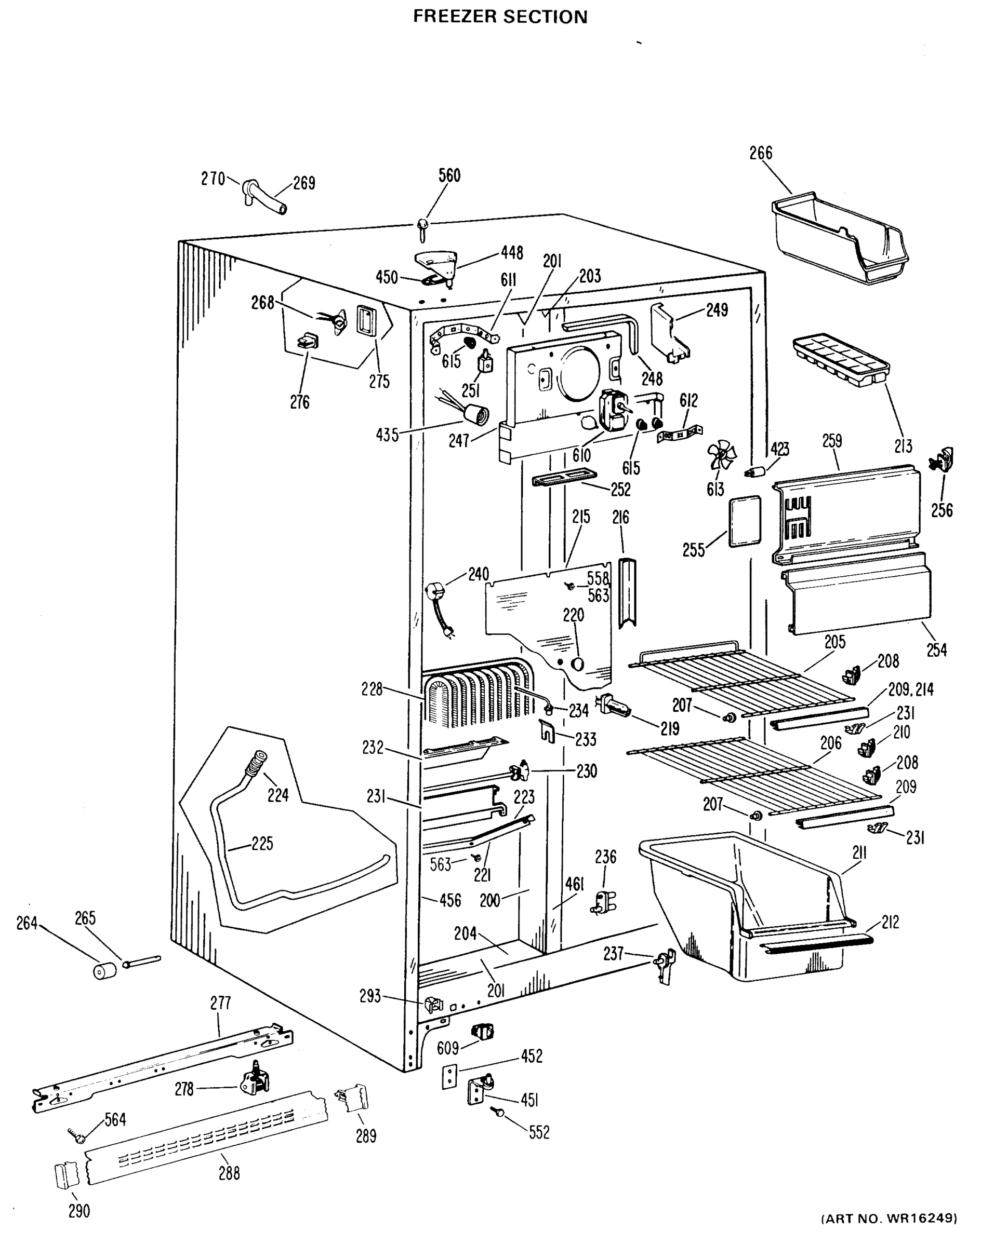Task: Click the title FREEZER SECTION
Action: point(500,17)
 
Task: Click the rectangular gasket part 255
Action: point(745,521)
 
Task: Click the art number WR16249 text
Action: point(890,1233)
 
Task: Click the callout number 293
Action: point(370,996)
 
